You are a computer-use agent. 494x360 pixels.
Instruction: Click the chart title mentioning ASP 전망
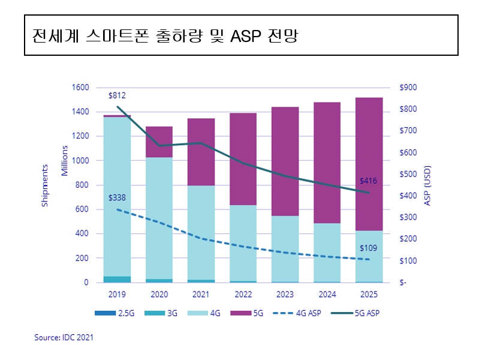[165, 35]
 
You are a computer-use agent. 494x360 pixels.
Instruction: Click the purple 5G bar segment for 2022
[243, 159]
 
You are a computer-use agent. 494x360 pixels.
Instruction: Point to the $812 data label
[117, 95]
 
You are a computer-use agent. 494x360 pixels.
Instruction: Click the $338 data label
[117, 198]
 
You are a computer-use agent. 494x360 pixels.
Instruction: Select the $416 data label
[368, 181]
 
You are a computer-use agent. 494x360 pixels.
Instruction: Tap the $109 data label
[368, 248]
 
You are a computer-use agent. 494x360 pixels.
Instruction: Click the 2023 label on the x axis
[285, 295]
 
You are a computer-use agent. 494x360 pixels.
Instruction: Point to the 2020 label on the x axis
[159, 295]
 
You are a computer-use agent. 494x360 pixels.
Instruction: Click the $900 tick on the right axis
[408, 88]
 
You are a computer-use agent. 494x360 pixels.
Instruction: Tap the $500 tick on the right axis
[408, 174]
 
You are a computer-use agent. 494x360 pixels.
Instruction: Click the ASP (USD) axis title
[428, 185]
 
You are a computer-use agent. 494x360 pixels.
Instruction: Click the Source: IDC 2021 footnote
[64, 338]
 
